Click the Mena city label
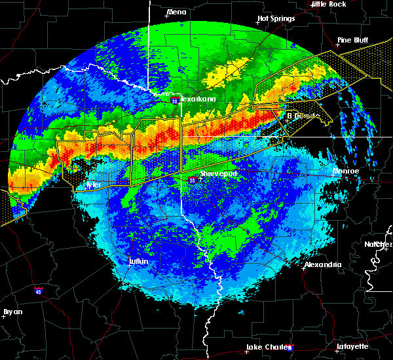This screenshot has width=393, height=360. click(x=177, y=12)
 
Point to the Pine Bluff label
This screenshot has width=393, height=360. click(x=353, y=40)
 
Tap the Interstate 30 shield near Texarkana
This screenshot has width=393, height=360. click(x=174, y=101)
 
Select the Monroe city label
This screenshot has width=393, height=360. click(x=346, y=171)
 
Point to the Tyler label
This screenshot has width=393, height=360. click(x=94, y=185)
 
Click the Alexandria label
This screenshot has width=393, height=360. click(x=322, y=264)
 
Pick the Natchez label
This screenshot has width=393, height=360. click(x=379, y=244)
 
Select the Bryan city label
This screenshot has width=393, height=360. click(x=12, y=312)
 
